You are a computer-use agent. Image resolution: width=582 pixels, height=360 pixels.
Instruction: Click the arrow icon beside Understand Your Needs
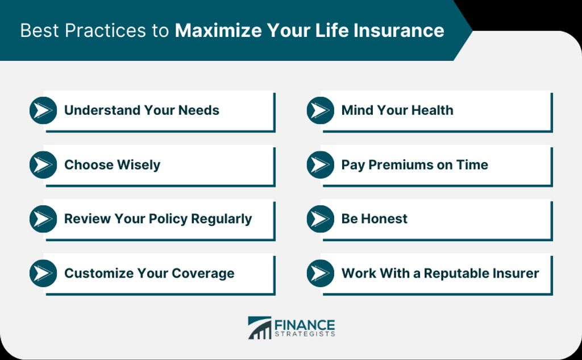pyautogui.click(x=43, y=110)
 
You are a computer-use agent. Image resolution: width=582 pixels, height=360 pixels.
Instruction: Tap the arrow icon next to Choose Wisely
pyautogui.click(x=43, y=164)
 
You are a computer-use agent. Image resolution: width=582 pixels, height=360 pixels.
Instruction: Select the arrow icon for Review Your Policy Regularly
pyautogui.click(x=43, y=219)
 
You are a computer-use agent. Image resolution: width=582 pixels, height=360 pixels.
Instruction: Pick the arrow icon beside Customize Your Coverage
pyautogui.click(x=43, y=273)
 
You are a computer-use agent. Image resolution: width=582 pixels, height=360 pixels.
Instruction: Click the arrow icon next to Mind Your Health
pyautogui.click(x=321, y=110)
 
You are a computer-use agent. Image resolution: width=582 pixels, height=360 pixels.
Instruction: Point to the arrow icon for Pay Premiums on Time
pyautogui.click(x=321, y=164)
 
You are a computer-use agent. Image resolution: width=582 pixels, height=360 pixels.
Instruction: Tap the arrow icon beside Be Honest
pyautogui.click(x=321, y=219)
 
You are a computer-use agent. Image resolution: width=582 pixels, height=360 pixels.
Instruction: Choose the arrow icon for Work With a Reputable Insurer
pyautogui.click(x=321, y=273)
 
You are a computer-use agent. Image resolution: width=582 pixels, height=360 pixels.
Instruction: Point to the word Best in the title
pyautogui.click(x=39, y=31)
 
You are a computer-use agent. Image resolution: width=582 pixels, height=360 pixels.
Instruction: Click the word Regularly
pyautogui.click(x=221, y=219)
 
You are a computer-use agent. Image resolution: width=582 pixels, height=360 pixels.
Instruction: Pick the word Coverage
pyautogui.click(x=203, y=274)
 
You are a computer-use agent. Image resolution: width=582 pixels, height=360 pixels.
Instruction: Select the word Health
pyautogui.click(x=431, y=110)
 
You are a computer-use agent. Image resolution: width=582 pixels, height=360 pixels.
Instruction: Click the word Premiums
pyautogui.click(x=401, y=165)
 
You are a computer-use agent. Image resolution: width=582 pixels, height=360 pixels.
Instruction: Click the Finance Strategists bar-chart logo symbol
pyautogui.click(x=260, y=328)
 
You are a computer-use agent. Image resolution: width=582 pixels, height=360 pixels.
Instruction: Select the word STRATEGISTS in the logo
pyautogui.click(x=305, y=334)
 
